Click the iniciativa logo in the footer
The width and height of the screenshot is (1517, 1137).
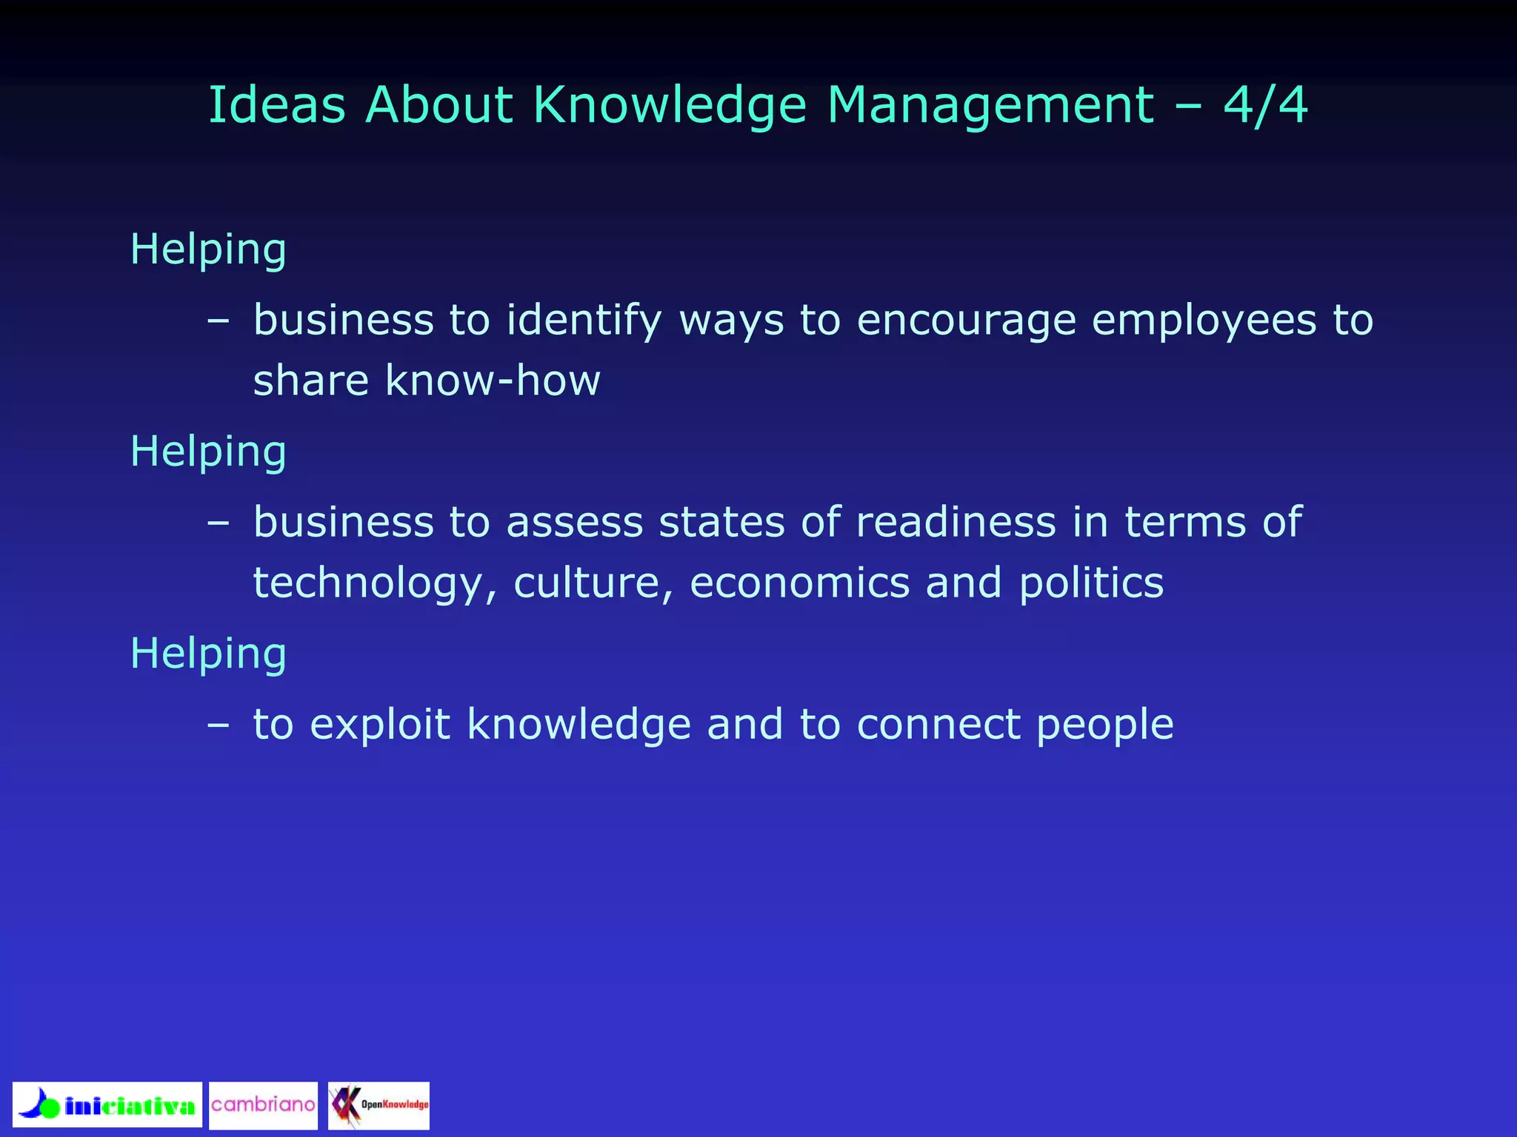point(107,1104)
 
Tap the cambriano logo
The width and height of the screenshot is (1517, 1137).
point(263,1105)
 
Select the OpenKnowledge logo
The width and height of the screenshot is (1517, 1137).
point(379,1105)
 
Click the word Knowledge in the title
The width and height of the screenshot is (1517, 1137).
point(670,105)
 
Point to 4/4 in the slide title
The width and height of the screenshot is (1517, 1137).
point(1265,105)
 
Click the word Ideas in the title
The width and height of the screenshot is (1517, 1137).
point(277,105)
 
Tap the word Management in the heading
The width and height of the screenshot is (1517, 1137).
point(990,105)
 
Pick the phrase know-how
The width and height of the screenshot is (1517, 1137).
point(493,380)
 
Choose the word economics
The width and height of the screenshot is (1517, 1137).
point(799,583)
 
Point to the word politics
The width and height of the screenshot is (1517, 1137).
point(1091,583)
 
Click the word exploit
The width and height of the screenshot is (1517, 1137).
point(380,724)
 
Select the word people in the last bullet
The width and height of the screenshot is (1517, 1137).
point(1104,725)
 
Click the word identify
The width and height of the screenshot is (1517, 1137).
point(584,321)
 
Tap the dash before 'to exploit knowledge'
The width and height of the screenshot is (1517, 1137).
point(218,725)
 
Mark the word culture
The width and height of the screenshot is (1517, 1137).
point(593,583)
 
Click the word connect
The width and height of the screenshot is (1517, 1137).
point(938,724)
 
